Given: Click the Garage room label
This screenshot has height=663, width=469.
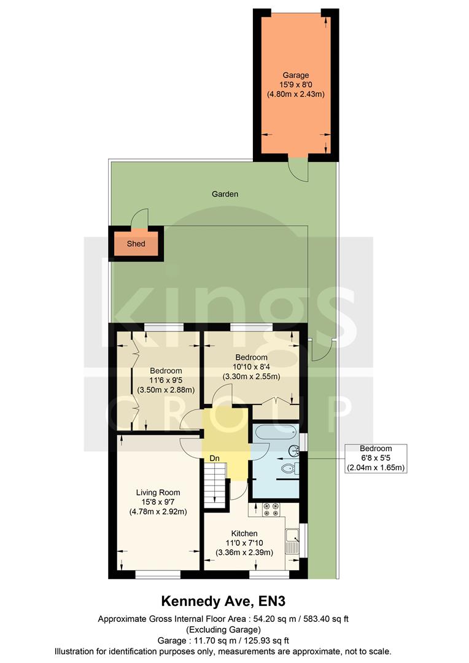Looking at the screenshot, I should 295,76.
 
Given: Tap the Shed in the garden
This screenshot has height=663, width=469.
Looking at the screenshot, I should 136,244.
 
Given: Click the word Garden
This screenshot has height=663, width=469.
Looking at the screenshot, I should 225,194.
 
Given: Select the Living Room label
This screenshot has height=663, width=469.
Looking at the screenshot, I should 158,492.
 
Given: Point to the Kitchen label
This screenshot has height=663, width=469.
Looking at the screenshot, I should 244,533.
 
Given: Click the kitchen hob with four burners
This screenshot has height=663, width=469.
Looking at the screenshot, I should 271,509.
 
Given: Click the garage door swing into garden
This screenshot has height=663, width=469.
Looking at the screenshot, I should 298,168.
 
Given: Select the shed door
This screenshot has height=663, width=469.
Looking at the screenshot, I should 142,217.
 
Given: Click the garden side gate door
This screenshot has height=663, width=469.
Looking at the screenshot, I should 319,351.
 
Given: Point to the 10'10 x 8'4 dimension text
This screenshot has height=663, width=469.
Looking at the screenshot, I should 251,367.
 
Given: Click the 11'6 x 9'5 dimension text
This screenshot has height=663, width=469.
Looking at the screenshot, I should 166,381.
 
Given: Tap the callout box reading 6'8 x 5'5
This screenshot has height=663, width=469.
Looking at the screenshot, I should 376,459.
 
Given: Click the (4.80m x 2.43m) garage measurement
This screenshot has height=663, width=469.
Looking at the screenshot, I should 295,95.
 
